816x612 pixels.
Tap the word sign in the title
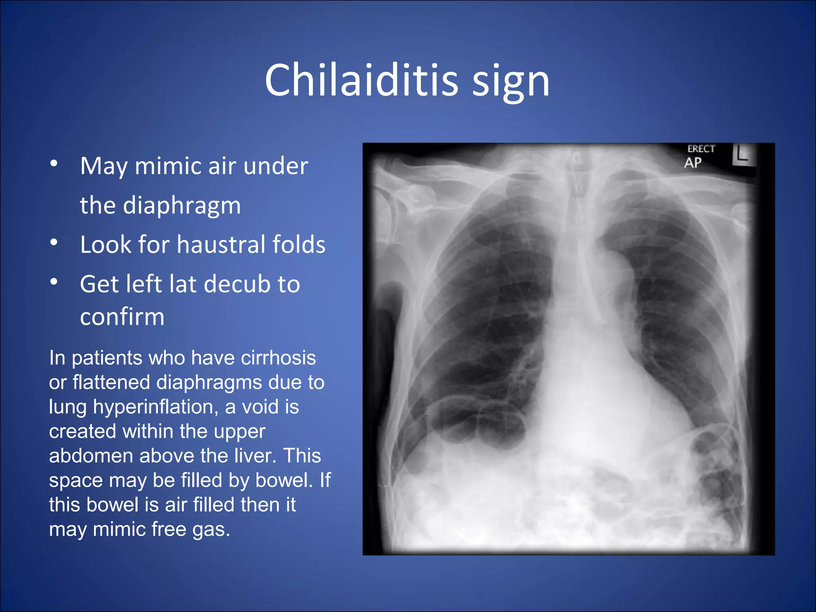(511, 84)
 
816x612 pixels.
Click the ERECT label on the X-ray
(701, 149)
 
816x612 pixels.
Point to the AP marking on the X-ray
(693, 163)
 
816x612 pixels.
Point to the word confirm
(122, 317)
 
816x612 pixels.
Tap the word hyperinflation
(155, 407)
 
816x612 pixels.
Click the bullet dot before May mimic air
(54, 163)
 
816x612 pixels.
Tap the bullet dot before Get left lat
(54, 282)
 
